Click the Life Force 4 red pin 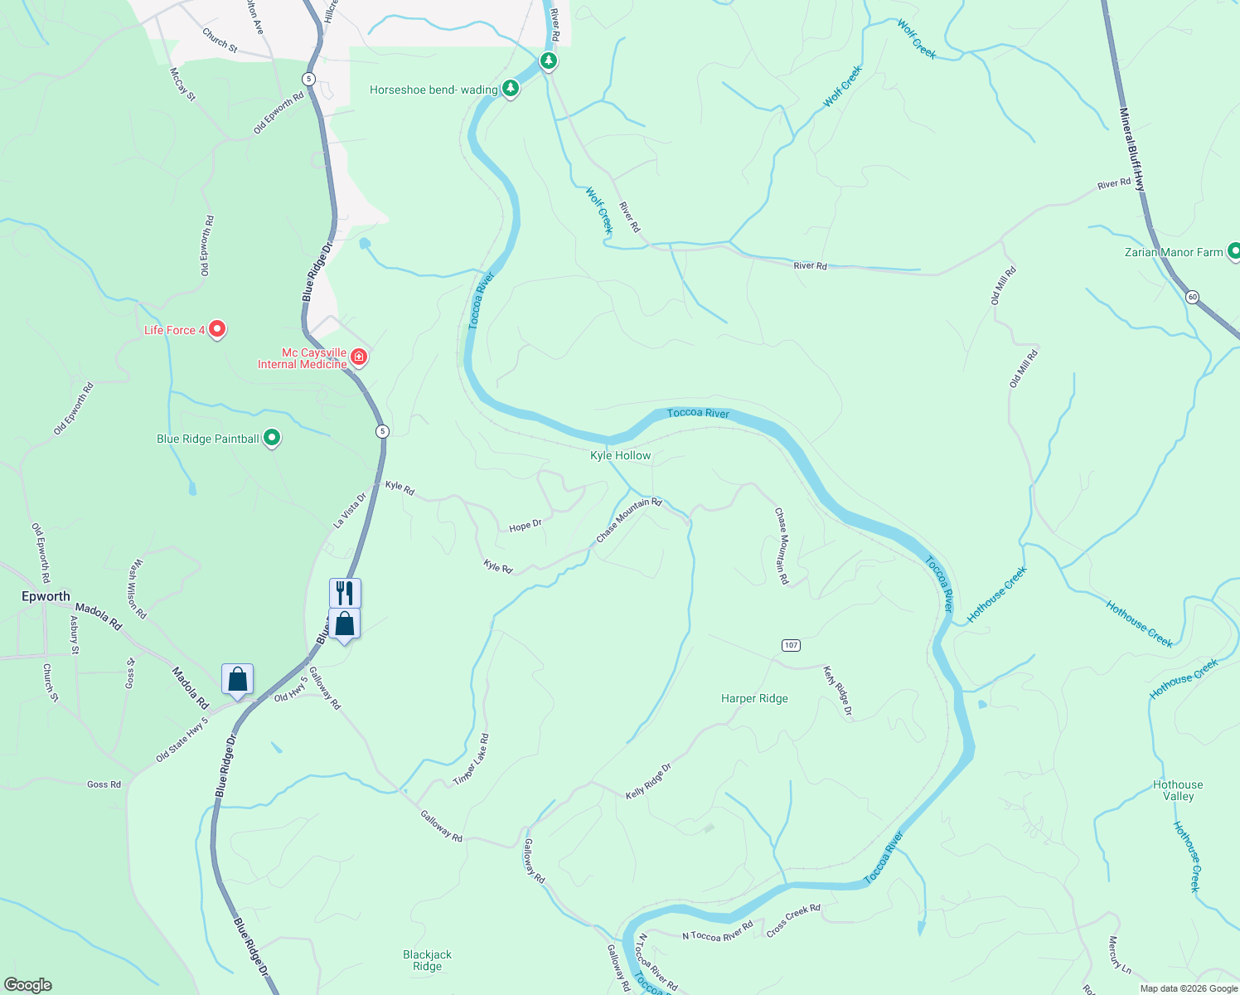(217, 329)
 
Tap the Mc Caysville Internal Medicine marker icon (359, 357)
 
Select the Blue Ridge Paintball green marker (271, 439)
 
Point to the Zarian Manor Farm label (1174, 252)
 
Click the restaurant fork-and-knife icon (345, 593)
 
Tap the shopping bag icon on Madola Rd (237, 679)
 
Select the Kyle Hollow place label (620, 455)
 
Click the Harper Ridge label (754, 698)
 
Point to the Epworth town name (46, 596)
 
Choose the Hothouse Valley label (1178, 790)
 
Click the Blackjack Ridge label (427, 960)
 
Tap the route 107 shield (791, 645)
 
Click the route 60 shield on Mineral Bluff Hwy (1192, 297)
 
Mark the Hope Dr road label (525, 526)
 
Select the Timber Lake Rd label (471, 760)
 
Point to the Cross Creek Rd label (793, 920)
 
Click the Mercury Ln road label (1119, 954)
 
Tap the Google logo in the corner (28, 985)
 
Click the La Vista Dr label (350, 511)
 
